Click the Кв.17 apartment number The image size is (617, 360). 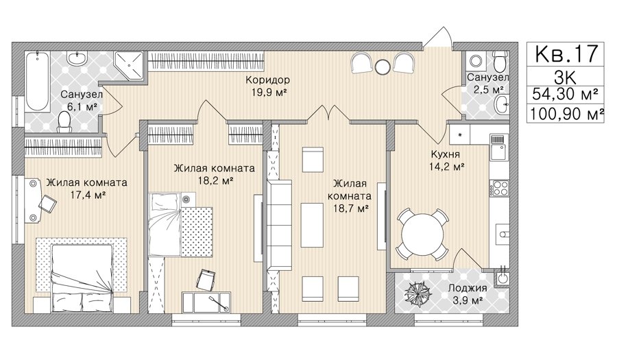tap(566, 53)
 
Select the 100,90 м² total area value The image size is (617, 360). tap(567, 114)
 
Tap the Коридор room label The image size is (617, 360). tap(267, 80)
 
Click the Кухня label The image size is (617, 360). tap(446, 154)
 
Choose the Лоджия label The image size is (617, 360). tap(468, 287)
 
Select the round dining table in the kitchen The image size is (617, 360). tap(422, 235)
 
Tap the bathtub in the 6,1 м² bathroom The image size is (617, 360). tap(38, 81)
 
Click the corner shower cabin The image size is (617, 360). tap(129, 65)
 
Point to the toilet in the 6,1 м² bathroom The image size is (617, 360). tap(64, 121)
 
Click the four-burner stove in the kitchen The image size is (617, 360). tap(499, 188)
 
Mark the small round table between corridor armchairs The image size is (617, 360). tap(382, 67)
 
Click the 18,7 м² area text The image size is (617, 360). tap(351, 208)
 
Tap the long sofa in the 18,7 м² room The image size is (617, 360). tap(280, 225)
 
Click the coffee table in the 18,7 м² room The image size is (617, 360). tap(312, 225)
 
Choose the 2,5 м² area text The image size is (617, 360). tap(488, 89)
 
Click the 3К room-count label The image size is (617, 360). tap(565, 77)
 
